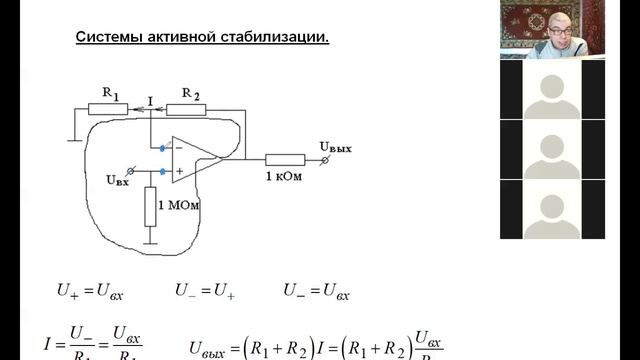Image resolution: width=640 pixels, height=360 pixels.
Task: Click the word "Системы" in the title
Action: (107, 38)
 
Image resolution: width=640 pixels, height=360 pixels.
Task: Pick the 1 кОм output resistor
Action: (285, 158)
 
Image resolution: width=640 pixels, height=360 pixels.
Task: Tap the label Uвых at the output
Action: (335, 147)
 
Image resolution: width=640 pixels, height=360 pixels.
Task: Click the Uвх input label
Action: (117, 181)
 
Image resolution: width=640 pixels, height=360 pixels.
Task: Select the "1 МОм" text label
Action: (185, 205)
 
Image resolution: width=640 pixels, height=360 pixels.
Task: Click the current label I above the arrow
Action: (148, 100)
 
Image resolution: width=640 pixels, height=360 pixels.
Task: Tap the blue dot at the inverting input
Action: (162, 148)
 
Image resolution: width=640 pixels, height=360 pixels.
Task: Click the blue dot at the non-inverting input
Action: (162, 171)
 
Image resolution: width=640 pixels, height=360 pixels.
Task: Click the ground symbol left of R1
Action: (73, 136)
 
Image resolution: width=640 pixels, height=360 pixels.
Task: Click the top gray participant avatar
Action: (552, 90)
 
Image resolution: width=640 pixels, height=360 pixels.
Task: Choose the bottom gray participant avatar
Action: (552, 212)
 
